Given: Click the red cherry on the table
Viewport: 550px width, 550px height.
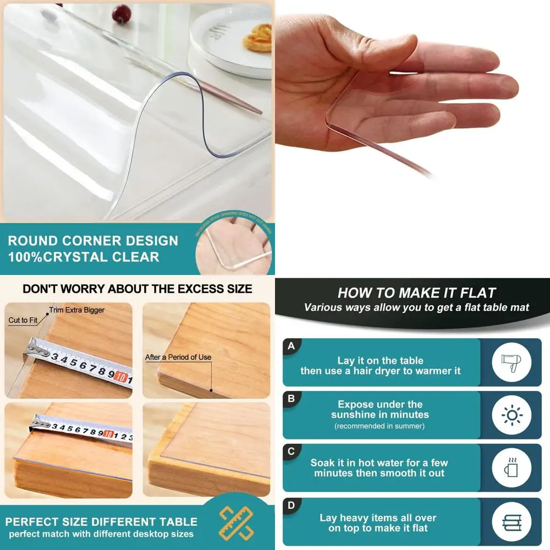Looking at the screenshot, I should tap(120, 14).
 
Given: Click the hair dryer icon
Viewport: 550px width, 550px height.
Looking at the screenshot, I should tap(512, 362).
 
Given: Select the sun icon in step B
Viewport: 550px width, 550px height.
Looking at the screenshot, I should tap(512, 415).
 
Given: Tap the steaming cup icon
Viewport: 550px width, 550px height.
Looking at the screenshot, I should tap(512, 468).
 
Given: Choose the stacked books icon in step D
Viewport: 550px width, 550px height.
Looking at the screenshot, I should tap(512, 521).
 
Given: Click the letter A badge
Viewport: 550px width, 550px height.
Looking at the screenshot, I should tap(291, 346).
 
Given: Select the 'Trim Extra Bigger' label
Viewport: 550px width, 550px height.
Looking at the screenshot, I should tap(77, 310).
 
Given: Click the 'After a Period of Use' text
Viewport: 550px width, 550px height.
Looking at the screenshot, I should tap(178, 357).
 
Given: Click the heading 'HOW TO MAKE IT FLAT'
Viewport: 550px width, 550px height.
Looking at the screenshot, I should tap(416, 293).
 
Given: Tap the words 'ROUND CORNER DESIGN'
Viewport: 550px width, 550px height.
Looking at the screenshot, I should tap(93, 241).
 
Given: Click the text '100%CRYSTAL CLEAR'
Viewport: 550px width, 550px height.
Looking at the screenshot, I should tap(84, 257).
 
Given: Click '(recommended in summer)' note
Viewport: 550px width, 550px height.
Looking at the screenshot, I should tap(380, 426).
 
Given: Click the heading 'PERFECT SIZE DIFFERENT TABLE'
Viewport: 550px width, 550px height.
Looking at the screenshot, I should tap(101, 521).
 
